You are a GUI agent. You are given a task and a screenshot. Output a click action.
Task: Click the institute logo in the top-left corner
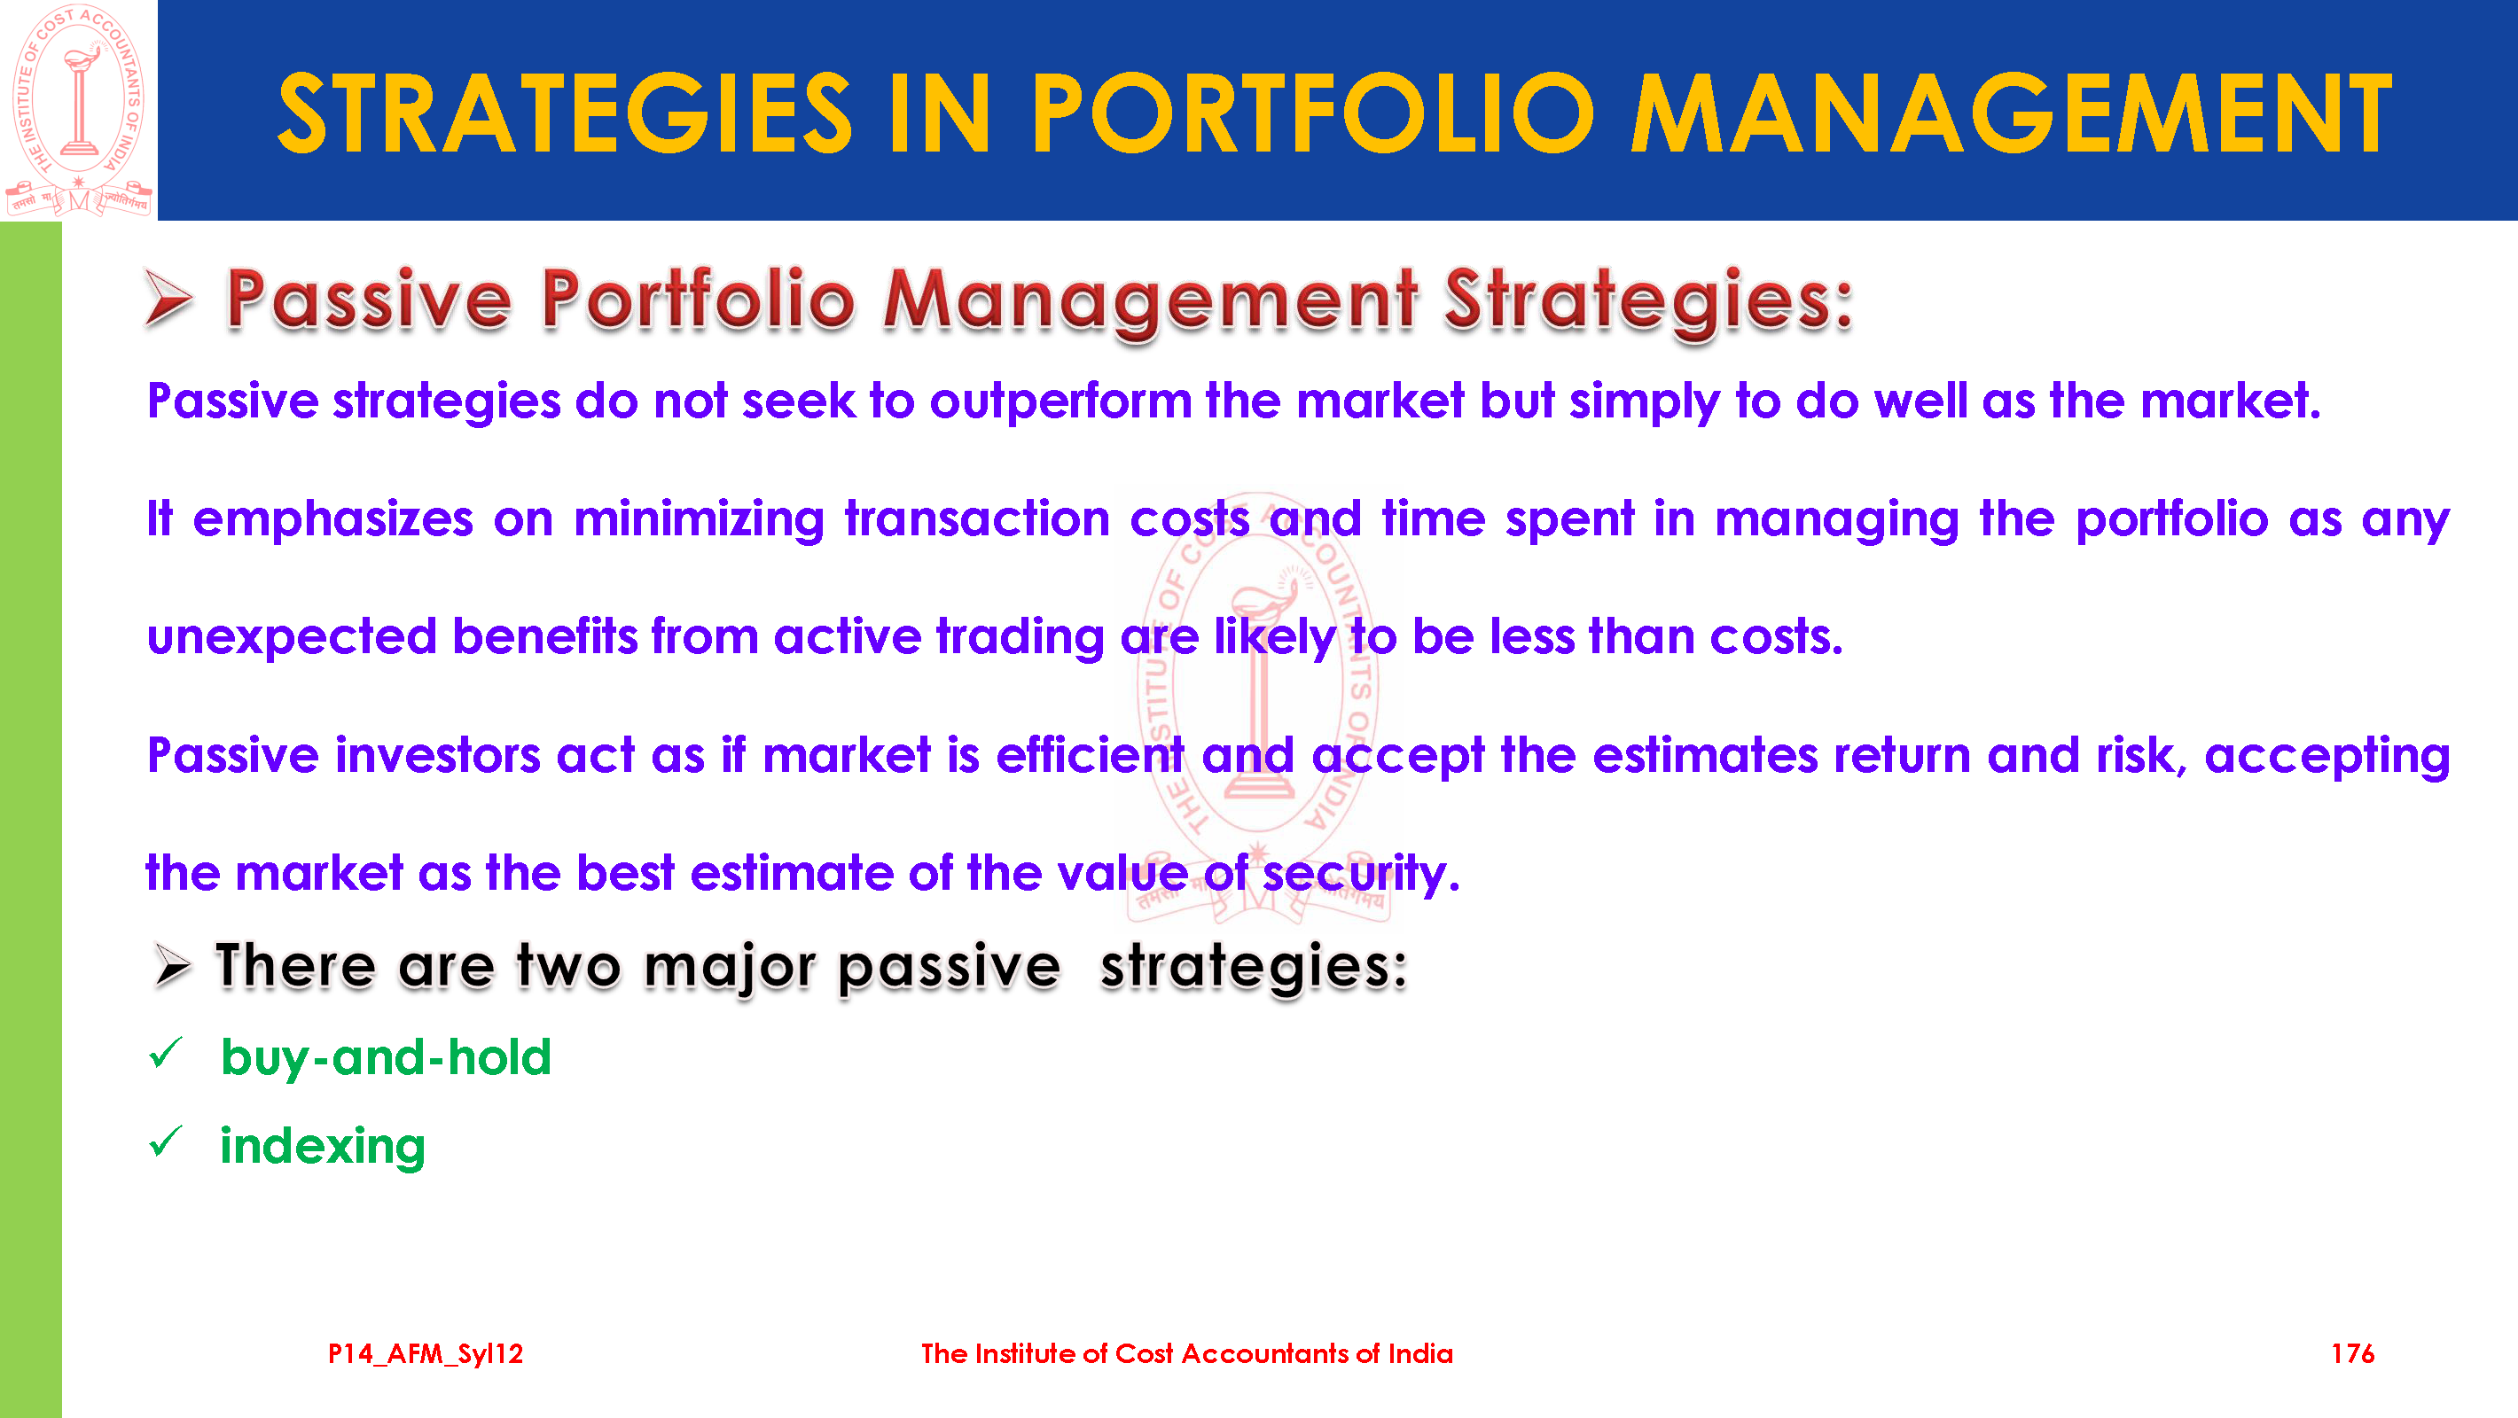(x=78, y=110)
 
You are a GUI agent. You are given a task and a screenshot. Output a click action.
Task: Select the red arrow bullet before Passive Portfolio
(x=168, y=297)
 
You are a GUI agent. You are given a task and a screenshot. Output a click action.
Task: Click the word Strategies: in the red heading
(x=1649, y=301)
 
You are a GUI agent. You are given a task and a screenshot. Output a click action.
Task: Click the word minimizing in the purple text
(x=700, y=520)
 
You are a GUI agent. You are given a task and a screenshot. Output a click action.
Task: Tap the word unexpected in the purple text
(x=292, y=638)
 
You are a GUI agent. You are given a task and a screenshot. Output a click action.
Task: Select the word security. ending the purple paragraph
(x=1361, y=874)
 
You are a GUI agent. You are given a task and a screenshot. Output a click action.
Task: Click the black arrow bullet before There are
(x=172, y=967)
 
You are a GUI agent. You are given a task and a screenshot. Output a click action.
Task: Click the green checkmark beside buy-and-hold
(x=166, y=1053)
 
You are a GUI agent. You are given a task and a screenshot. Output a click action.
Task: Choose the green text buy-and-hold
(x=386, y=1058)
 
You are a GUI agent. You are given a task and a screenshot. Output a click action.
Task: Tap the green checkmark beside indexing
(x=166, y=1141)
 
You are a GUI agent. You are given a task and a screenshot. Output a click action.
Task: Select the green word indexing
(x=323, y=1146)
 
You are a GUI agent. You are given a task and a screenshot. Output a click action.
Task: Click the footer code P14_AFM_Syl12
(x=426, y=1353)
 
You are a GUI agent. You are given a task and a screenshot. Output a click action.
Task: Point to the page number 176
(x=2352, y=1353)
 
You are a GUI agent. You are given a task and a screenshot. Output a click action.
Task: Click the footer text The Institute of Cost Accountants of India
(x=1186, y=1353)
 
